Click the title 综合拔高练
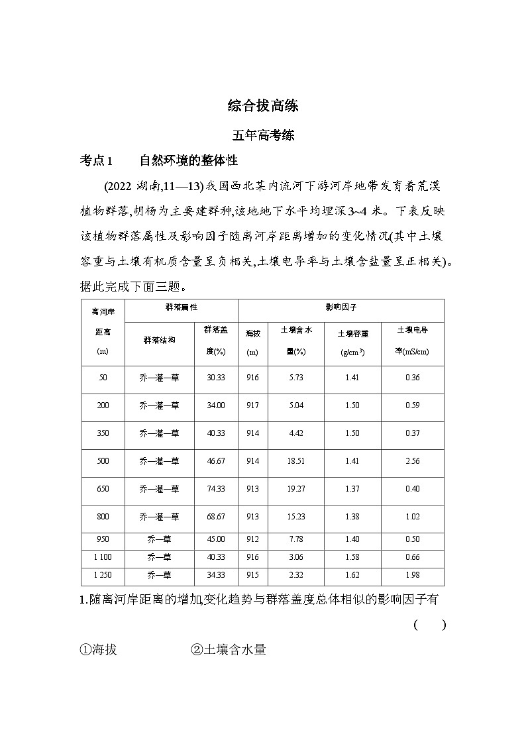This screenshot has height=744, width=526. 263,106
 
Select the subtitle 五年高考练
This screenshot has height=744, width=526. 263,136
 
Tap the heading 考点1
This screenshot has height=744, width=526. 97,161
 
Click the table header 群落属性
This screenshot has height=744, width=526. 181,308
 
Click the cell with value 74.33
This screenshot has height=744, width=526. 215,489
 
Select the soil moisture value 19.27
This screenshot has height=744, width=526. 295,489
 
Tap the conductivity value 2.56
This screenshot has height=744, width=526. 411,461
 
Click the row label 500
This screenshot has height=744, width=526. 103,461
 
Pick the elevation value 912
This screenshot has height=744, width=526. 252,539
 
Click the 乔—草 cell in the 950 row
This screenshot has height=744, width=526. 159,539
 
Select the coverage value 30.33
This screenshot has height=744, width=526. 215,378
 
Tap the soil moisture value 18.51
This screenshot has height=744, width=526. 295,461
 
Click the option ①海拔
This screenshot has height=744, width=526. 97,650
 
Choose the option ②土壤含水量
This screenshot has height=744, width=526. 228,650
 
